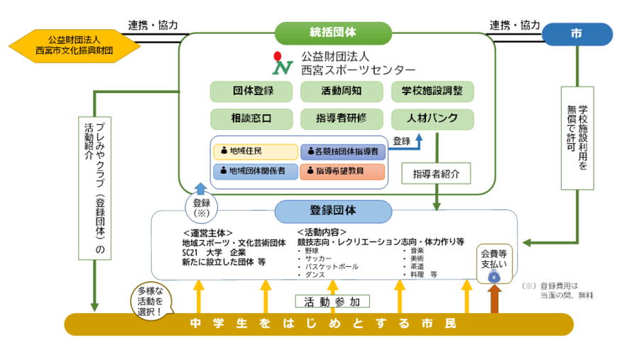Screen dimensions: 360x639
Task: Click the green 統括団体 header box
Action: coord(333,33)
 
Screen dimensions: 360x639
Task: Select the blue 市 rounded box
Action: coord(577,33)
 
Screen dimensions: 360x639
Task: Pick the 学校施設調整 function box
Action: coord(432,92)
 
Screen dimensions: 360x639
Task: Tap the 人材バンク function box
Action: coord(432,119)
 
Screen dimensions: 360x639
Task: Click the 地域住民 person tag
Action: coord(255,151)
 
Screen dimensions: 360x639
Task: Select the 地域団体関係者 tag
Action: coord(255,171)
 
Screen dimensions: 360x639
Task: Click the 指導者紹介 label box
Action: coord(436,173)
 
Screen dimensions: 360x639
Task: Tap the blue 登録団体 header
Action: coord(333,210)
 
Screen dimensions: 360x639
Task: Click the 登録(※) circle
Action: coord(200,207)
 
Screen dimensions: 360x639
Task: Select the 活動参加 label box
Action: coord(332,301)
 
